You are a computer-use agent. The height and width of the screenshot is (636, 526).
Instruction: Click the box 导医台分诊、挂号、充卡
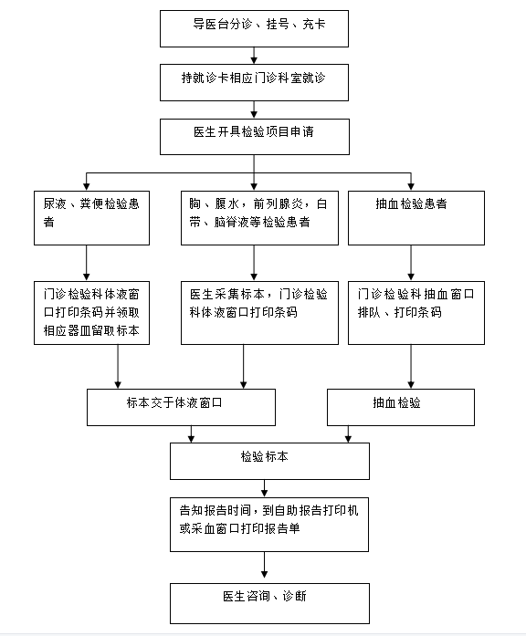point(254,29)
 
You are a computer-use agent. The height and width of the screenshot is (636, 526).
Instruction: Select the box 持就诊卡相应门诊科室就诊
point(254,82)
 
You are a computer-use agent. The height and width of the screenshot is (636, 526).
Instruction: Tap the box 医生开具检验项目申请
point(255,137)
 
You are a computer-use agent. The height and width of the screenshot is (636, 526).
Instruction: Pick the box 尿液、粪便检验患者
point(91,218)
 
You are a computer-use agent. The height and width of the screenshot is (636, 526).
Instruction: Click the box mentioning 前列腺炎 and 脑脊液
point(259,218)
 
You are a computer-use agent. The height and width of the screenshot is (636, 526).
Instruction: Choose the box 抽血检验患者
point(416,218)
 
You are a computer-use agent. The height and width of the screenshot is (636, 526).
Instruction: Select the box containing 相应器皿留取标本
point(91,313)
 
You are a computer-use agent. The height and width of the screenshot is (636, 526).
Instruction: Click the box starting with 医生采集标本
point(259,313)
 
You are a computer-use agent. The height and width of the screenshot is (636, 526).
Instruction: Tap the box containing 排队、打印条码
point(416,313)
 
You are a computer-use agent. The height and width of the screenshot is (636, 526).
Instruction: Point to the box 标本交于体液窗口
point(181,407)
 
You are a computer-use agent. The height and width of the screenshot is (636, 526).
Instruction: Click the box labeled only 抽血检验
point(401,407)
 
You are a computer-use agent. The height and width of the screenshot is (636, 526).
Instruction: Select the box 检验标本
point(269,461)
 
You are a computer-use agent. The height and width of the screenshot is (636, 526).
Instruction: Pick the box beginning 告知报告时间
point(269,525)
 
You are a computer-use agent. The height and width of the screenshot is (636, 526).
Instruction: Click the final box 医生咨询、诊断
point(269,603)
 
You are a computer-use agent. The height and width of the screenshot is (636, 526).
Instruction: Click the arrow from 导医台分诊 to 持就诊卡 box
point(254,56)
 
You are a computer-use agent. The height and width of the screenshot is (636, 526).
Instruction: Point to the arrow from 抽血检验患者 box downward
point(411,263)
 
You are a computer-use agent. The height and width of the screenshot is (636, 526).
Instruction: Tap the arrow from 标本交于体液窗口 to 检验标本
point(191,434)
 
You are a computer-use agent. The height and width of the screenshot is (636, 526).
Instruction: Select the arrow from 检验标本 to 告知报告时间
point(264,488)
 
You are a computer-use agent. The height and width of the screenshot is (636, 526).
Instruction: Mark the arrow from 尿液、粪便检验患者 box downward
point(87,263)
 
